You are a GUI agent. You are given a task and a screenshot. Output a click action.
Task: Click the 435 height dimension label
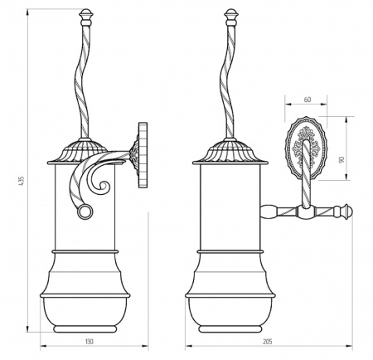23,180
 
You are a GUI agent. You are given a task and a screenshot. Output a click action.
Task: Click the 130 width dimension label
90,342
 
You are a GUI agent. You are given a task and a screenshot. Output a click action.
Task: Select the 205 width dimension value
268,342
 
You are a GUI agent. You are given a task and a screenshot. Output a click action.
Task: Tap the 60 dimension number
308,100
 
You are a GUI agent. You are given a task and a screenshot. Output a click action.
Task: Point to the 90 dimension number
342,159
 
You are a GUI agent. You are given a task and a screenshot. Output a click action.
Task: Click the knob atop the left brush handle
85,17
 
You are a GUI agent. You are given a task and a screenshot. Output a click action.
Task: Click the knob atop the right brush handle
231,17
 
